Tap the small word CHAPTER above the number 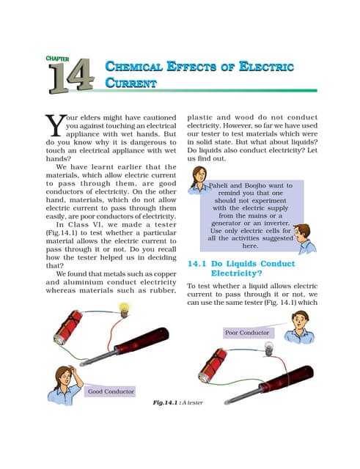point(57,58)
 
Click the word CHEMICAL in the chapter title point(135,68)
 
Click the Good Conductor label point(111,391)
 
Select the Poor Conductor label point(248,333)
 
